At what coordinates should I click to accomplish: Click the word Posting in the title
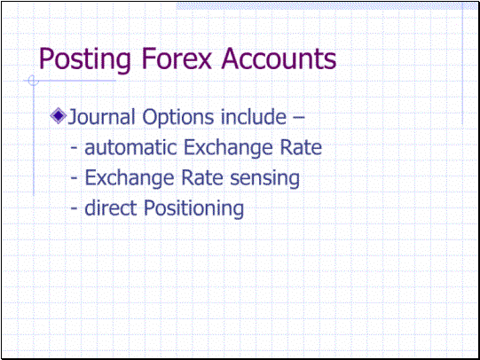85,59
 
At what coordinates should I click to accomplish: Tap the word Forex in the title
177,59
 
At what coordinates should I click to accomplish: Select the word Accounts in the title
279,59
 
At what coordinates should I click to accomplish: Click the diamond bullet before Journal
59,116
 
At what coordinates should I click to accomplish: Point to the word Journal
101,117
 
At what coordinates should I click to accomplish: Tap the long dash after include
298,117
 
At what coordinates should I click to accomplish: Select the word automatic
130,147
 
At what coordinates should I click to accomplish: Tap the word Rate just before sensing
202,177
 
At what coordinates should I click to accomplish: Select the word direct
111,207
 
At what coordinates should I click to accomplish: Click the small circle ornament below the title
33,81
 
